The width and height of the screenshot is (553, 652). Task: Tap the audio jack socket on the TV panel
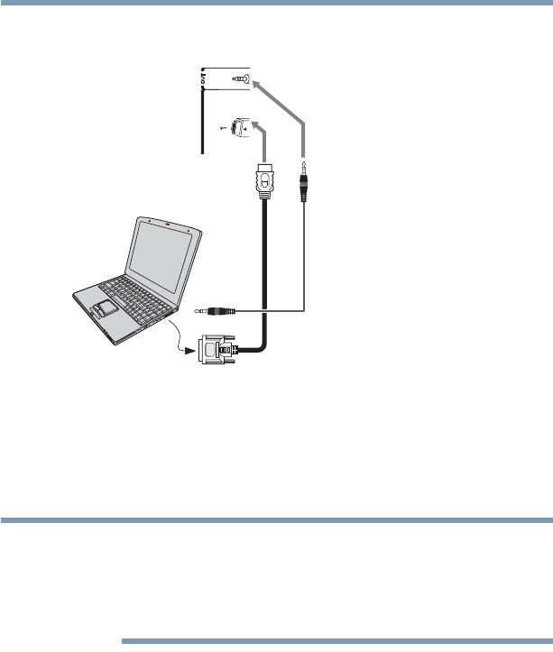click(241, 78)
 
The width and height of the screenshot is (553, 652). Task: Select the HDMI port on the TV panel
click(241, 127)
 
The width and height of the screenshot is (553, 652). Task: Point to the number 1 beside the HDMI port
click(221, 130)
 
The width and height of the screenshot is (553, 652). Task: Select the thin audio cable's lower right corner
click(305, 311)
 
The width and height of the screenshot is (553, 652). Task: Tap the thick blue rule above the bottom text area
click(276, 520)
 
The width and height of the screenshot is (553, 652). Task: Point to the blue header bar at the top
click(276, 5)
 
